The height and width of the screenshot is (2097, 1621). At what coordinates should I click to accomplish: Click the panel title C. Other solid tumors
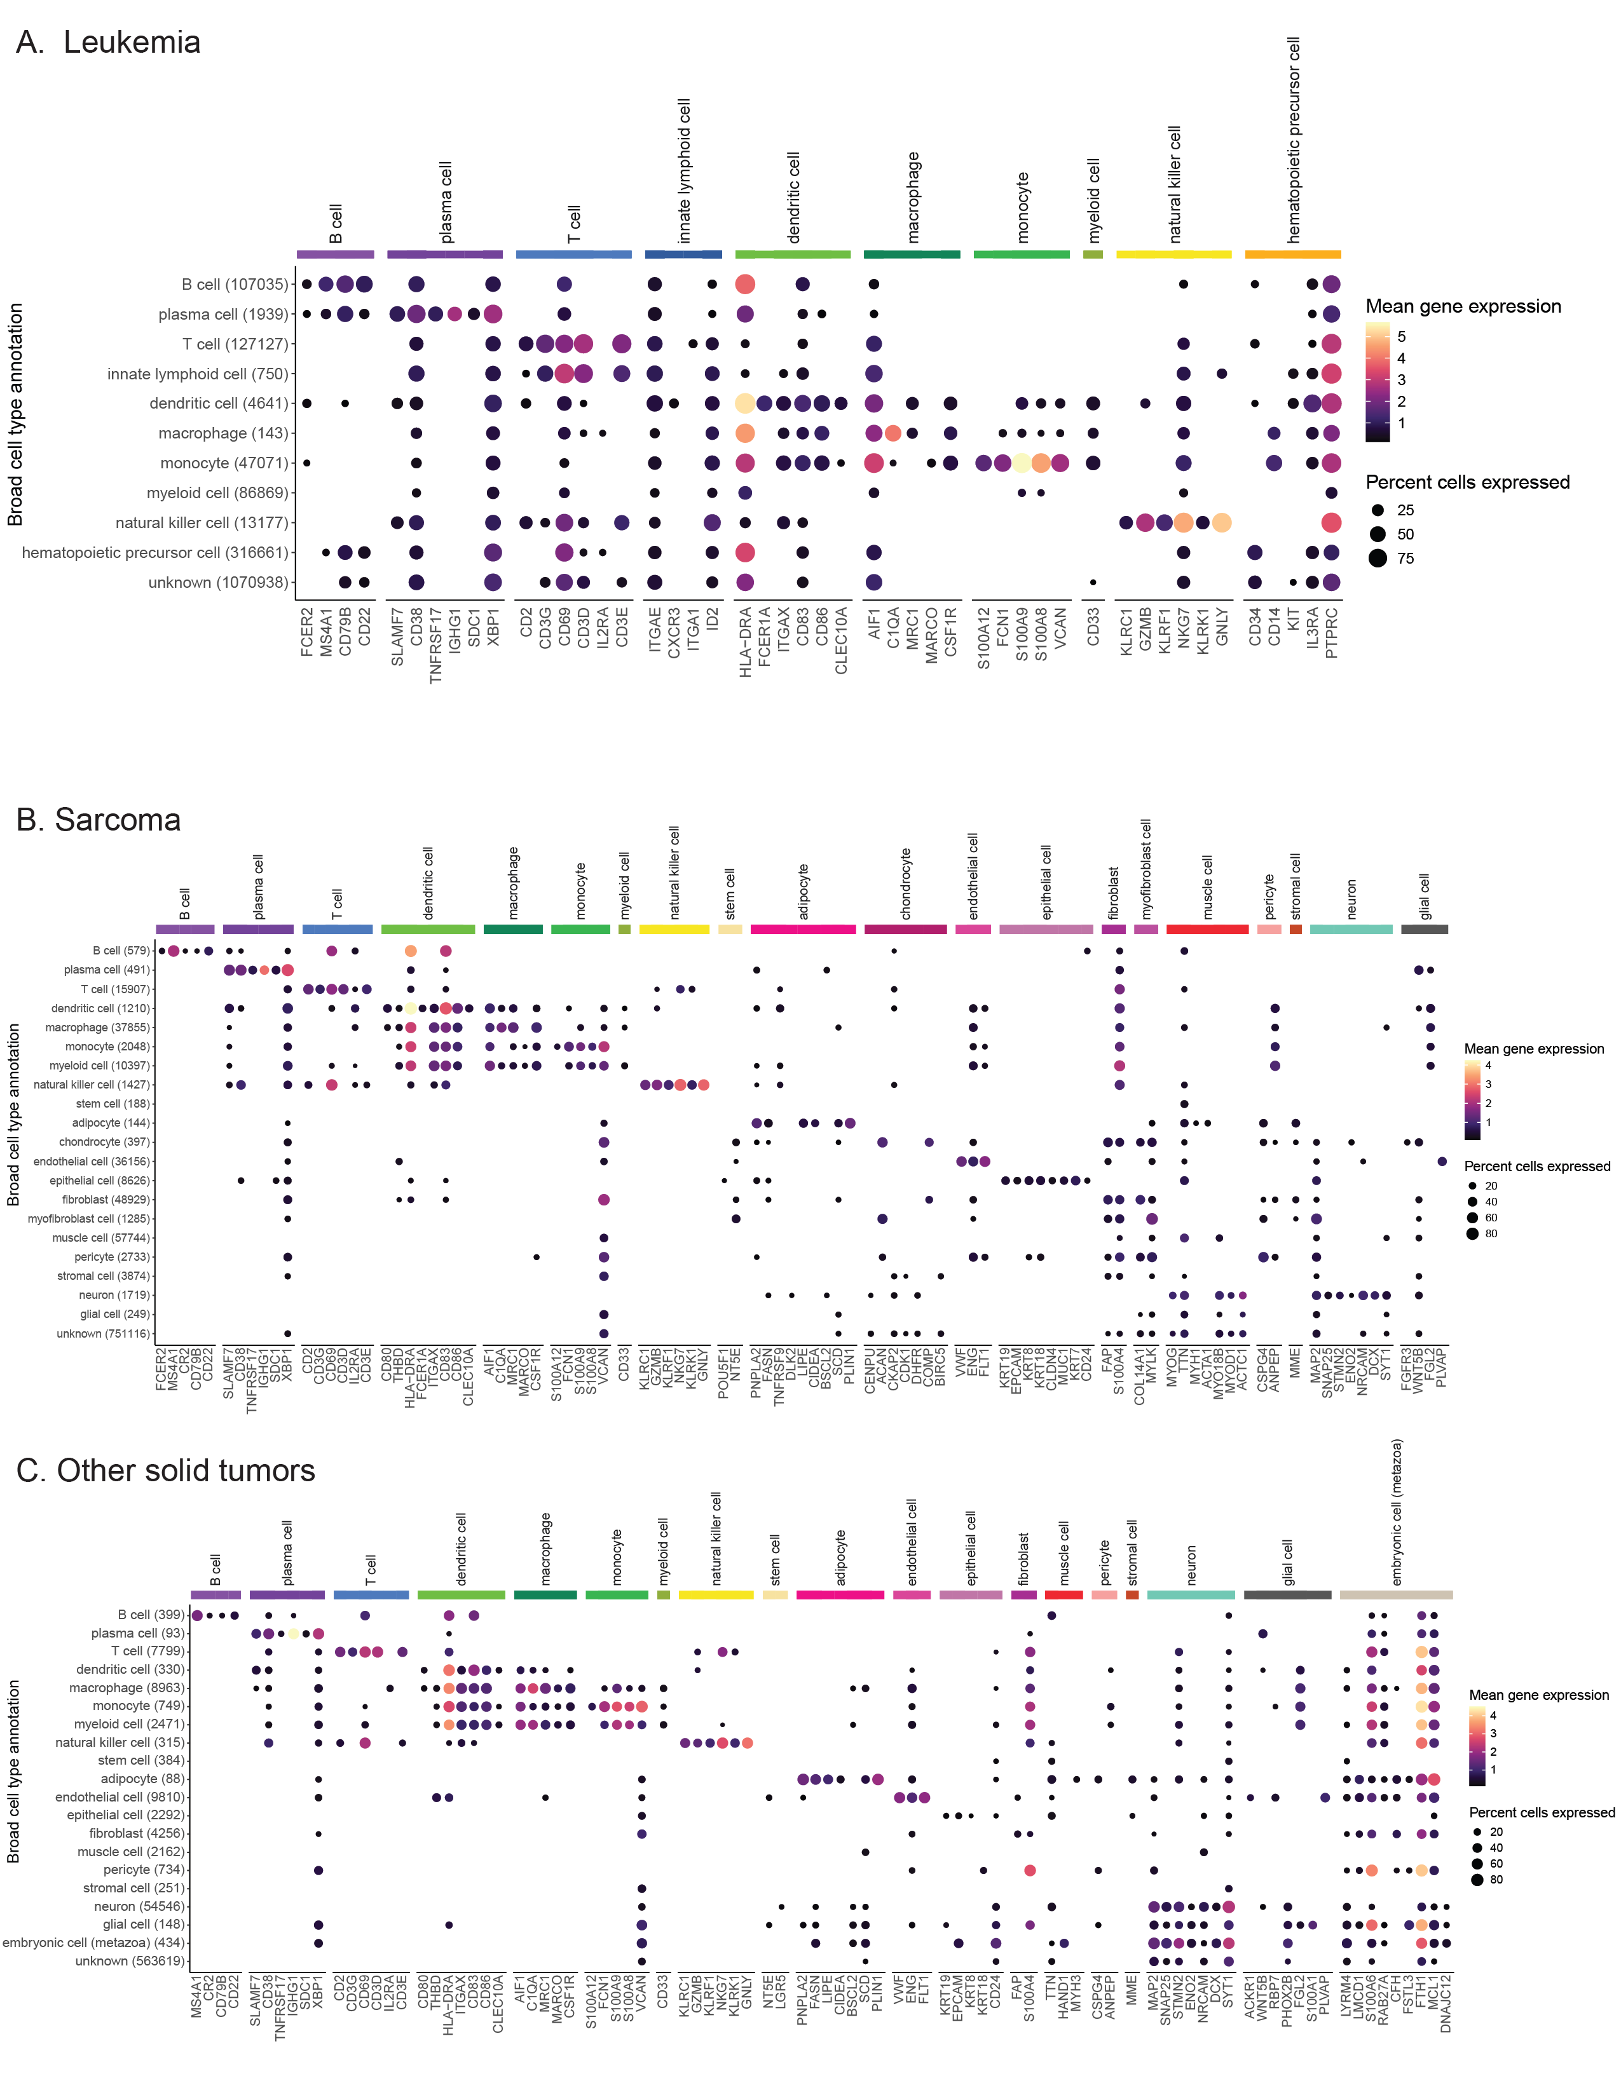tap(165, 1470)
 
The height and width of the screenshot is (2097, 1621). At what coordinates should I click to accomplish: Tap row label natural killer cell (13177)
tap(202, 522)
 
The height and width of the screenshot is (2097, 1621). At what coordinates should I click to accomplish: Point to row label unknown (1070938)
tap(218, 582)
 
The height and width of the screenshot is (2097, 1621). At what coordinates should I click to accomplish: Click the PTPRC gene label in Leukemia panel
tap(1332, 633)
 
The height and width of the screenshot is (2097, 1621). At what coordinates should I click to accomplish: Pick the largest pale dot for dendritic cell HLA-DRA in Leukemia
tap(744, 404)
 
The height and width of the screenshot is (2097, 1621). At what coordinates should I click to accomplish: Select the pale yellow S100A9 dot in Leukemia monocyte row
tap(1022, 463)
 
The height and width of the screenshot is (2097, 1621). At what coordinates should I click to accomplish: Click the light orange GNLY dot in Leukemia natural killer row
tap(1222, 522)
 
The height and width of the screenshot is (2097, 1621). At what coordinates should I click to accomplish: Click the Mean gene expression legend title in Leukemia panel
tap(1463, 306)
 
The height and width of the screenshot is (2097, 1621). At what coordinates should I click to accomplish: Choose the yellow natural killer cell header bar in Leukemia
tap(1173, 254)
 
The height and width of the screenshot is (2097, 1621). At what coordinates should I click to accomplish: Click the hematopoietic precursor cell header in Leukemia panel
tap(1294, 139)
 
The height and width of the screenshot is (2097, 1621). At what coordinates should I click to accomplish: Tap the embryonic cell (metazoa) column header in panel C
tap(1397, 1512)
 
